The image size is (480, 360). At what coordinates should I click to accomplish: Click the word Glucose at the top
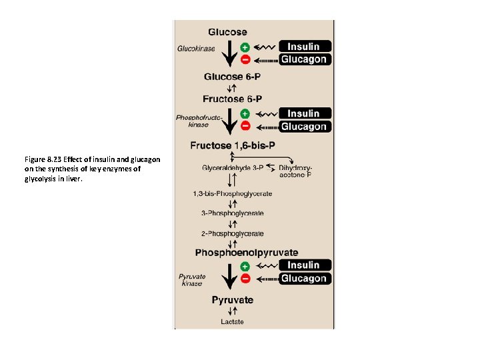pyautogui.click(x=227, y=31)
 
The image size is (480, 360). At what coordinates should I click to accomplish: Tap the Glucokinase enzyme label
pyautogui.click(x=196, y=48)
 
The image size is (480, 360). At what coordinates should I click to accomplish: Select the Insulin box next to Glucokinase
pyautogui.click(x=303, y=47)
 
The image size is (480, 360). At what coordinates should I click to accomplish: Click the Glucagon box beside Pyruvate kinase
pyautogui.click(x=303, y=279)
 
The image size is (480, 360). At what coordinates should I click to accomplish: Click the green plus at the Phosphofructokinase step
pyautogui.click(x=245, y=114)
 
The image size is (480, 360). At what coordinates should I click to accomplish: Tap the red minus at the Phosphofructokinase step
pyautogui.click(x=245, y=126)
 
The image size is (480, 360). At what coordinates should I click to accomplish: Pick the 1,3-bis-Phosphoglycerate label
pyautogui.click(x=233, y=194)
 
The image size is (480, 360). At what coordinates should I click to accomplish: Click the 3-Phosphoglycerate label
pyautogui.click(x=233, y=213)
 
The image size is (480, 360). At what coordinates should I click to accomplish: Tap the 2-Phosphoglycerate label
pyautogui.click(x=233, y=233)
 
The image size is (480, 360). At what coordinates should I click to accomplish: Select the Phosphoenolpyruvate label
pyautogui.click(x=247, y=253)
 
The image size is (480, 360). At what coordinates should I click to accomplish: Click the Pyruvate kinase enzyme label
pyautogui.click(x=192, y=279)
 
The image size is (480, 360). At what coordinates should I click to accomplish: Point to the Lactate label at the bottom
pyautogui.click(x=233, y=323)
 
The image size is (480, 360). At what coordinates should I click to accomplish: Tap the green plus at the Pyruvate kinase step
pyautogui.click(x=245, y=266)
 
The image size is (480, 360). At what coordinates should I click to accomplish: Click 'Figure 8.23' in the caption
pyautogui.click(x=43, y=159)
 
